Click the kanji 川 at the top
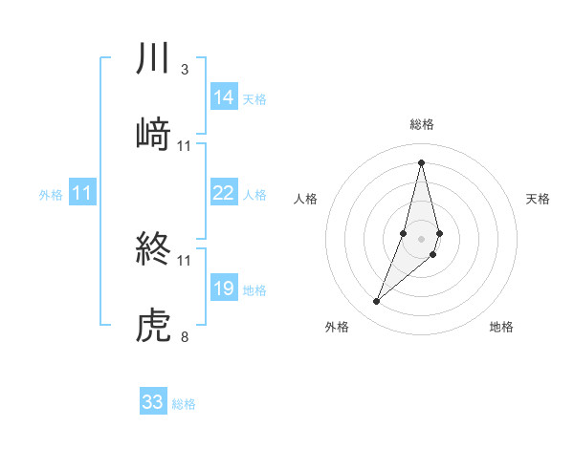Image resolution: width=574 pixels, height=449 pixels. pos(154,59)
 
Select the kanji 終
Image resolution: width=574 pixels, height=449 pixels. pos(154,250)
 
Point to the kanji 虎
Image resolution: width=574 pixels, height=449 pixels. pos(154,326)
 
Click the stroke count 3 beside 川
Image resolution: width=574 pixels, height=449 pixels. pos(184,70)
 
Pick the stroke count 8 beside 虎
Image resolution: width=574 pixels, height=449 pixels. pos(184,336)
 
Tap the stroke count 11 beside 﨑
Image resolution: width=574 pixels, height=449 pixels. pos(185,146)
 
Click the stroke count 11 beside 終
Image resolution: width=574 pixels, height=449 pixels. pos(185,260)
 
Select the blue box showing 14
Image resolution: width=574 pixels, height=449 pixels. pos(224,97)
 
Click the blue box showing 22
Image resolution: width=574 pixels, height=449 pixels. pos(224,193)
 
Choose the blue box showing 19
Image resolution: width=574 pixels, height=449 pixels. pos(224,289)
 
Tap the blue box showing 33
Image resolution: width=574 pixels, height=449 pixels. pos(153,402)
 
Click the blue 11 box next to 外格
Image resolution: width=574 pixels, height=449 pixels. pos(82,193)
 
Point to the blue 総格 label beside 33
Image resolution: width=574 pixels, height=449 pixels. pos(184,404)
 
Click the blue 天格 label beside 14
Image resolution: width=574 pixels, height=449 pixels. pos(254,99)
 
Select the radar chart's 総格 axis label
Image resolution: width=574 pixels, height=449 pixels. pos(421,124)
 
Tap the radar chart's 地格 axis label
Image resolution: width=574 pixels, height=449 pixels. pos(501,328)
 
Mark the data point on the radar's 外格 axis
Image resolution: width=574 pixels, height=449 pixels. pos(377,302)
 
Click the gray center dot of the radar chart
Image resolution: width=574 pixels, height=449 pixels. pos(421,237)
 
